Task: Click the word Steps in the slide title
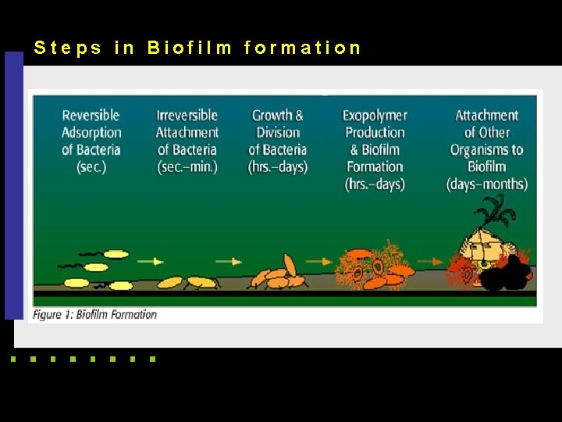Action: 68,48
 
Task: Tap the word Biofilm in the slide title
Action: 190,48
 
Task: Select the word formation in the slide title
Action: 302,48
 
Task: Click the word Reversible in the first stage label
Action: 92,116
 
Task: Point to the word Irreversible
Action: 187,116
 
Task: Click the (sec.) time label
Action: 92,167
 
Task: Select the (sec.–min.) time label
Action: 187,167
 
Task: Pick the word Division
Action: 278,133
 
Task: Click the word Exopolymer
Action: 375,116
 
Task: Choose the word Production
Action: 375,133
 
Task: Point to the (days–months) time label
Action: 487,184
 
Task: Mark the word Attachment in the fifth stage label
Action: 487,116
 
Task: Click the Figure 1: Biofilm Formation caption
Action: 94,315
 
